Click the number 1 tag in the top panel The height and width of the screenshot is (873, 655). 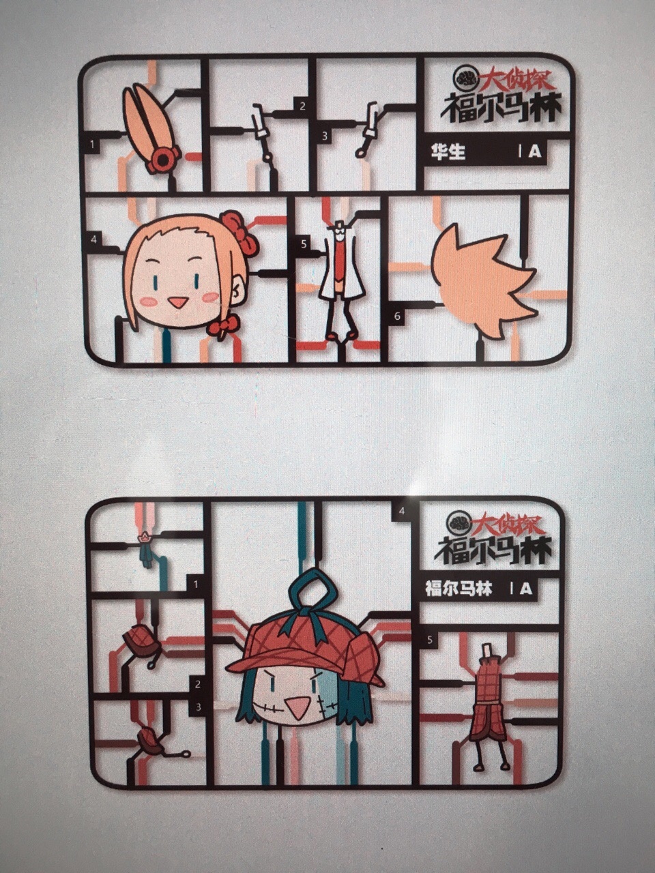(x=93, y=145)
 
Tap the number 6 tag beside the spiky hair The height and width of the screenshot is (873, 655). (x=397, y=316)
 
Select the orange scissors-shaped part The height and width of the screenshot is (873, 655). (x=151, y=129)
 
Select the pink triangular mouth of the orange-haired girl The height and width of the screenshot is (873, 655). (x=177, y=303)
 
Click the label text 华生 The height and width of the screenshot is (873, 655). (x=448, y=153)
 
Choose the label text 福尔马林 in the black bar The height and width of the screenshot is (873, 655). (x=458, y=588)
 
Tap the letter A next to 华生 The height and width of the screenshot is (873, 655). (x=535, y=152)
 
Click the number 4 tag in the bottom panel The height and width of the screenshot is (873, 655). (x=402, y=511)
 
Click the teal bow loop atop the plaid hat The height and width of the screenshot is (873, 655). (x=314, y=589)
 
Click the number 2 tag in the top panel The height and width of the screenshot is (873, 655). (x=303, y=106)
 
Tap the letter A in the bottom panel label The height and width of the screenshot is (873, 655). (x=526, y=588)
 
